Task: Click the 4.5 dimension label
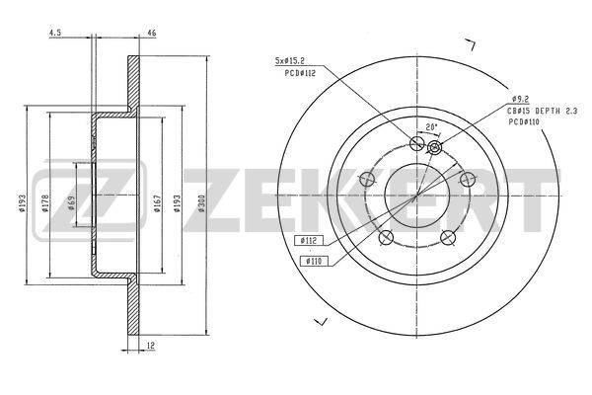54,33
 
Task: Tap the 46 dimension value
152,33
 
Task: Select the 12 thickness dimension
151,345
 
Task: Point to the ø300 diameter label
201,203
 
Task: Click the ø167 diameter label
158,203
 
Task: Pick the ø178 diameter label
45,203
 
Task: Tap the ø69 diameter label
71,203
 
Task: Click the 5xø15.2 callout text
289,60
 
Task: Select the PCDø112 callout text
300,73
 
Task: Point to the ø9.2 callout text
520,99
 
